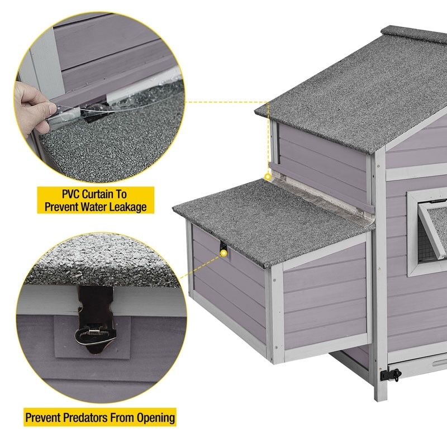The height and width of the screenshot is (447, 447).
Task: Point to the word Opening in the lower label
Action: point(156,418)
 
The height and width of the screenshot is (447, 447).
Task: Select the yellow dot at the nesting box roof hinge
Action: point(268,177)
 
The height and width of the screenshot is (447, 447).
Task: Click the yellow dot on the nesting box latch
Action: point(224,253)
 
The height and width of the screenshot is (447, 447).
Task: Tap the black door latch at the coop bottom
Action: point(391,374)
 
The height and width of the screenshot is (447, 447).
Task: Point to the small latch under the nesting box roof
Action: point(222,246)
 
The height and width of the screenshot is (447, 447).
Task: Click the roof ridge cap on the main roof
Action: point(414,34)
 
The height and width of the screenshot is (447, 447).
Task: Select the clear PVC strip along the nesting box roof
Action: point(322,196)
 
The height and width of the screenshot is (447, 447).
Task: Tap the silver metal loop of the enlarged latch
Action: point(95,336)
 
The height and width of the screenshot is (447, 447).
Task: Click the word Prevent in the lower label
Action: point(43,417)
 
